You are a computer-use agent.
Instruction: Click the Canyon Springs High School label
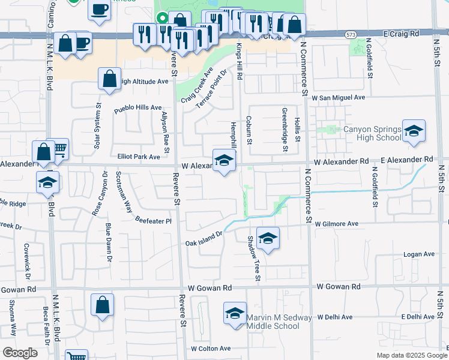pyautogui.click(x=372, y=133)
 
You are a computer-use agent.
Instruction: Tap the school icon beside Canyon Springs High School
pyautogui.click(x=414, y=131)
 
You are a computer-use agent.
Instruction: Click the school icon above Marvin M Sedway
pyautogui.click(x=235, y=313)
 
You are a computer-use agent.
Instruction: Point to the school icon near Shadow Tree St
pyautogui.click(x=268, y=238)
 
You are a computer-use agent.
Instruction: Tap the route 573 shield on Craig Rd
pyautogui.click(x=351, y=35)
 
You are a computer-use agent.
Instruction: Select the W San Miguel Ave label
pyautogui.click(x=337, y=97)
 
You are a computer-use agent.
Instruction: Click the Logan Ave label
pyautogui.click(x=419, y=254)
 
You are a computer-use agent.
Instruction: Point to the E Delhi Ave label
pyautogui.click(x=419, y=316)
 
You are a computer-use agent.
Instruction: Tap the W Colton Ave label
pyautogui.click(x=211, y=349)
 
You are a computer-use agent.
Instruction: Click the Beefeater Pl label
pyautogui.click(x=153, y=220)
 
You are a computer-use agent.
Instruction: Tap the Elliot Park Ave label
pyautogui.click(x=139, y=157)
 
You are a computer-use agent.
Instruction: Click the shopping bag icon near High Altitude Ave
pyautogui.click(x=109, y=79)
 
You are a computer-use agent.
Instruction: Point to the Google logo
pyautogui.click(x=20, y=353)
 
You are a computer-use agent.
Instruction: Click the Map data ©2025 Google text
pyautogui.click(x=411, y=355)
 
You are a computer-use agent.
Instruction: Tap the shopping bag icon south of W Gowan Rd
pyautogui.click(x=103, y=304)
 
